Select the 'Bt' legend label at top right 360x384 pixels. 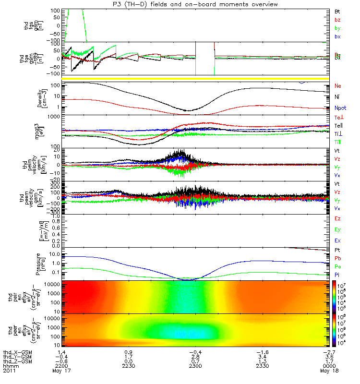[337, 11]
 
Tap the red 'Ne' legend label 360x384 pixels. [337, 86]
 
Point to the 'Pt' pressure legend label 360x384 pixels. [337, 251]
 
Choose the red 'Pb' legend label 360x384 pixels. [337, 259]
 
